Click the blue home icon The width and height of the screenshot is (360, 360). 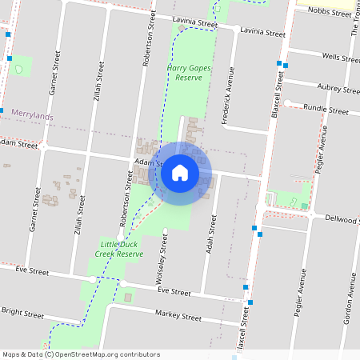pos(180,173)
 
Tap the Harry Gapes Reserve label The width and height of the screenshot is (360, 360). pos(189,74)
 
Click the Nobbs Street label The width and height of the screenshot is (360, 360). pos(330,14)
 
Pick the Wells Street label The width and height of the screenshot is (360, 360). pos(339,58)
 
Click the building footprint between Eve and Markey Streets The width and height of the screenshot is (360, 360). pos(128,298)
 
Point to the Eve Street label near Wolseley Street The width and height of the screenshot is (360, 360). pos(173,293)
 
